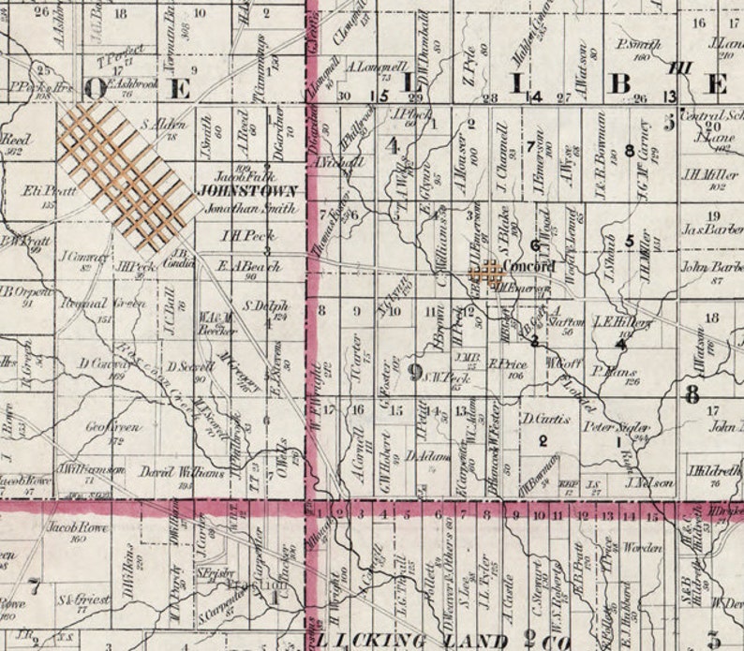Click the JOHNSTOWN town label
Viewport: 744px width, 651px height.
[x=247, y=190]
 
